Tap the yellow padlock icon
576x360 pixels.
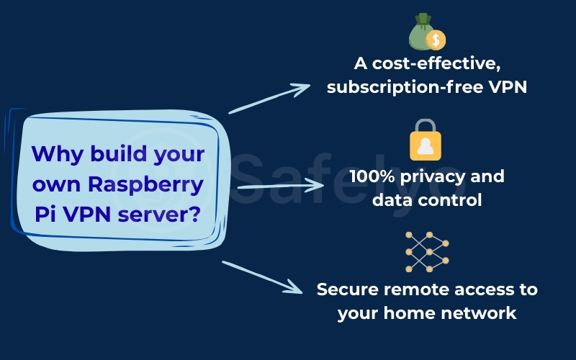point(426,140)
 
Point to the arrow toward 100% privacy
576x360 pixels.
point(281,185)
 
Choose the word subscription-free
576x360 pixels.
point(408,87)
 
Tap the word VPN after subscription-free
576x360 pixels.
point(508,87)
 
